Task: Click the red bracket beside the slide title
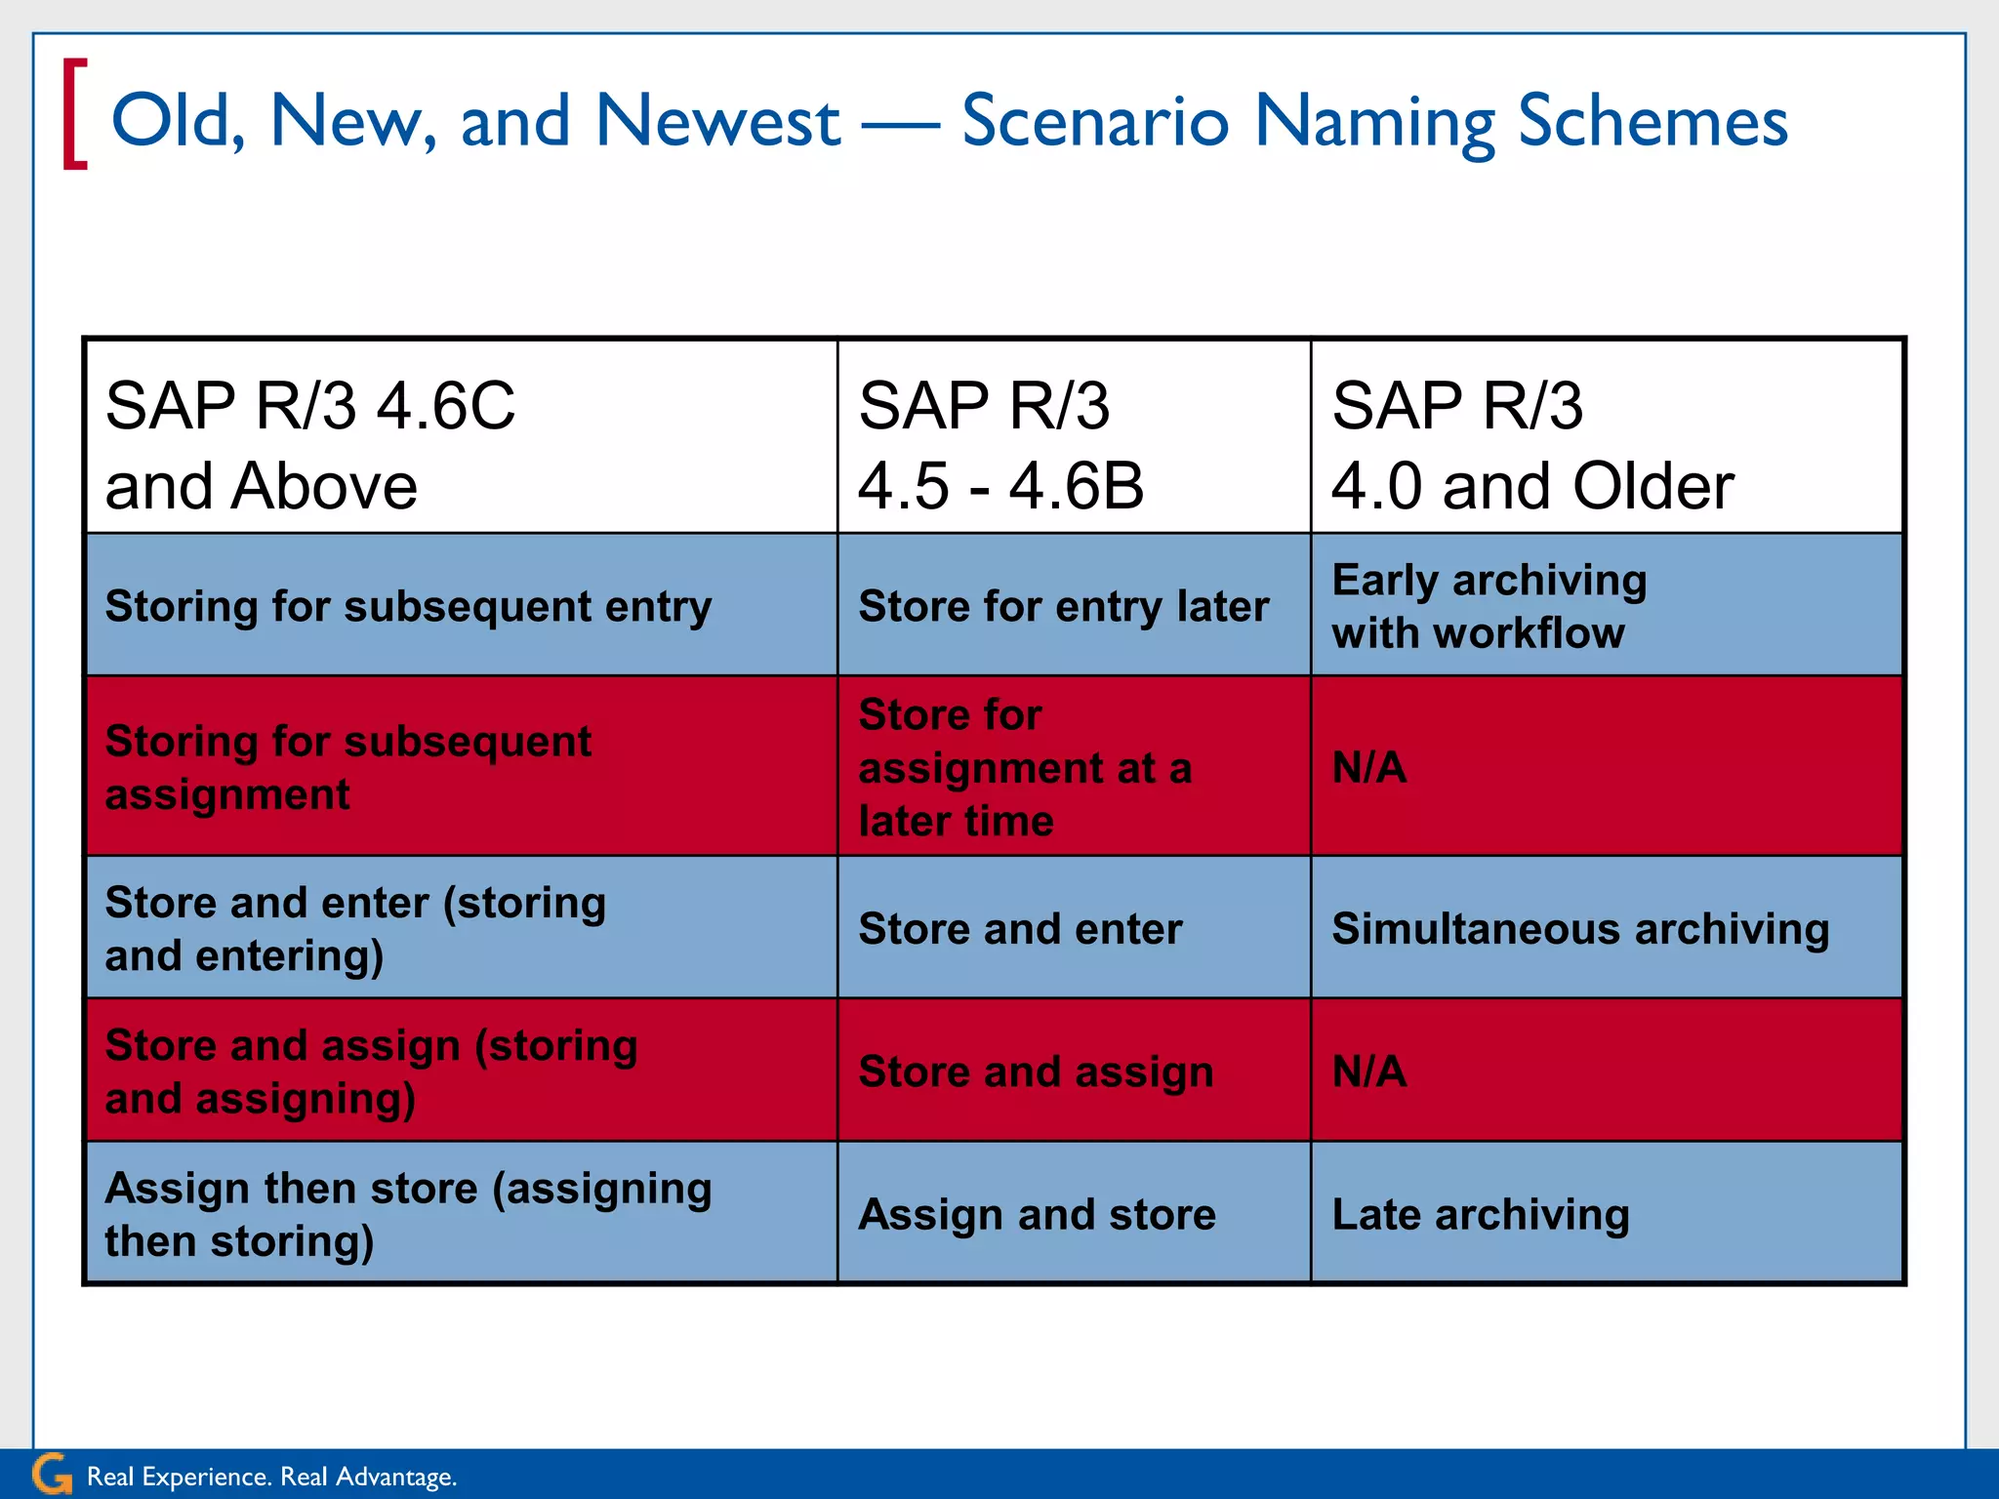[75, 114]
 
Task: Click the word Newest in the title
[717, 121]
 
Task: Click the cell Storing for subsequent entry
[460, 606]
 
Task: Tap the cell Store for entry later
[1073, 606]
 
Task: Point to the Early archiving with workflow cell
[1606, 606]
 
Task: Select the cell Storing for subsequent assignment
[460, 767]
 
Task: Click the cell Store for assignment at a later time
[1073, 767]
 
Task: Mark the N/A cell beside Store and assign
[1606, 1071]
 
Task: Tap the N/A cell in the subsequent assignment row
[1606, 767]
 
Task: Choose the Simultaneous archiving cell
[1606, 928]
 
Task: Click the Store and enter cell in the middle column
[1073, 928]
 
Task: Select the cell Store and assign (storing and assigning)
[460, 1071]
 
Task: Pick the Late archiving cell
[1606, 1214]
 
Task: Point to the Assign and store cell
[1073, 1214]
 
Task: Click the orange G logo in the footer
[52, 1475]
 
